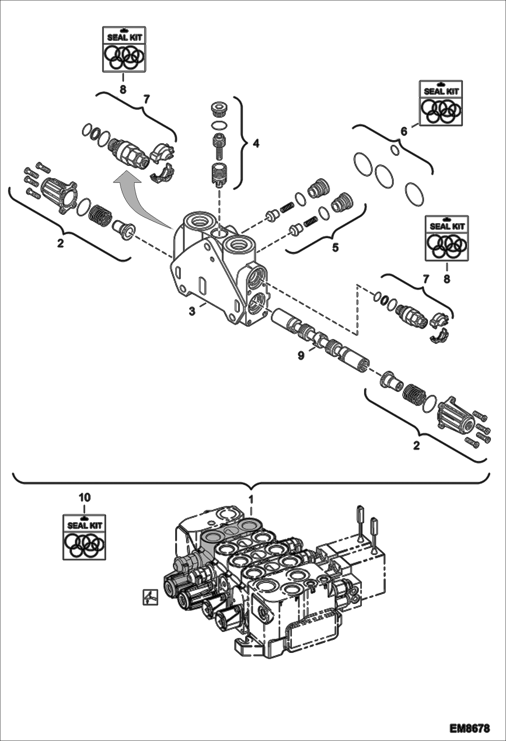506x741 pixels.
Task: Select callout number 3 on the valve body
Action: (192, 311)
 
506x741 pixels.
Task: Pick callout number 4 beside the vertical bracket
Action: (256, 144)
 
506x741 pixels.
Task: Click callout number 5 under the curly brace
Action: (335, 248)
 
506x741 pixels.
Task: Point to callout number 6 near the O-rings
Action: (404, 131)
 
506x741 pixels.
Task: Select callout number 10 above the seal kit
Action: (85, 497)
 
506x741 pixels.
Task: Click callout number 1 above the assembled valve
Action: (251, 498)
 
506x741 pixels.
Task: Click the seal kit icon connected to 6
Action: (441, 103)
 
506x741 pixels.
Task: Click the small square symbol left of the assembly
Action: (150, 597)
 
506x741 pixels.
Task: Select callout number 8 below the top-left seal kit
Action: (123, 90)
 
